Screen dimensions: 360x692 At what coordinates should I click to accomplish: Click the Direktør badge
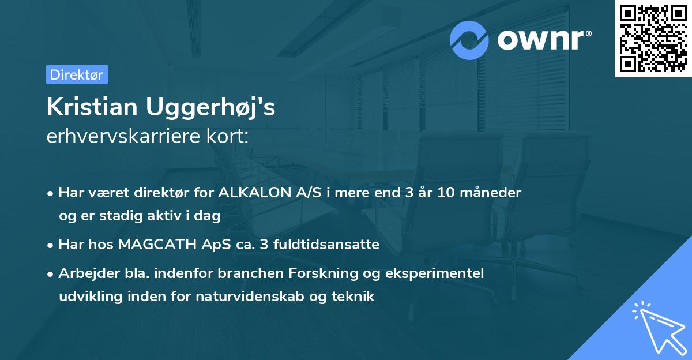[77, 74]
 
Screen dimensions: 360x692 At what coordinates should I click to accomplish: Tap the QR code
[653, 38]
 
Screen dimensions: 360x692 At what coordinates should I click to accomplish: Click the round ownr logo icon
[469, 40]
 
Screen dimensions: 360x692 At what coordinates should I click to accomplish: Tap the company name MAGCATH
[152, 245]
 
